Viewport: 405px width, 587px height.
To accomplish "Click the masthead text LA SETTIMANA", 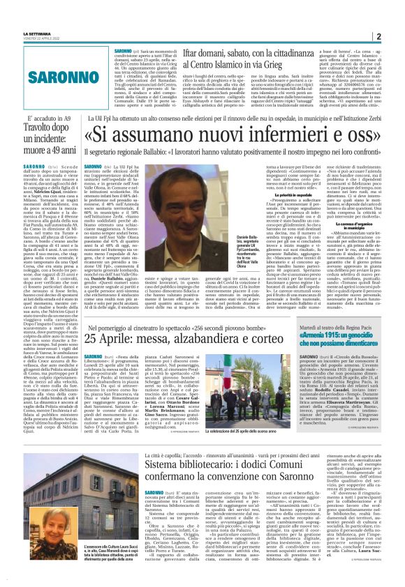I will [x=36, y=33].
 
